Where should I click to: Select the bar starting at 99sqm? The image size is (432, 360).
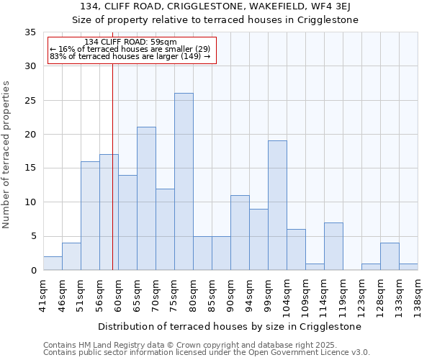tap(277, 205)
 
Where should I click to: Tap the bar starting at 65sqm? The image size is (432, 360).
tap(146, 199)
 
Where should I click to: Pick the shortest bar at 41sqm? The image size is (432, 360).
tap(53, 264)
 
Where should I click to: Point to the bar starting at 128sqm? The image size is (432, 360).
tap(390, 256)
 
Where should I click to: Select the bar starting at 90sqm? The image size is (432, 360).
tap(240, 233)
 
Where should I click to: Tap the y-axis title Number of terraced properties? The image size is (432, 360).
tap(6, 155)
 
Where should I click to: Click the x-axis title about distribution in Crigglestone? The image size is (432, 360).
tap(230, 326)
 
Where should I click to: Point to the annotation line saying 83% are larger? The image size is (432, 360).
tap(130, 56)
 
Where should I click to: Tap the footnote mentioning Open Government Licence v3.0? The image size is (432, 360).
tap(207, 352)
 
